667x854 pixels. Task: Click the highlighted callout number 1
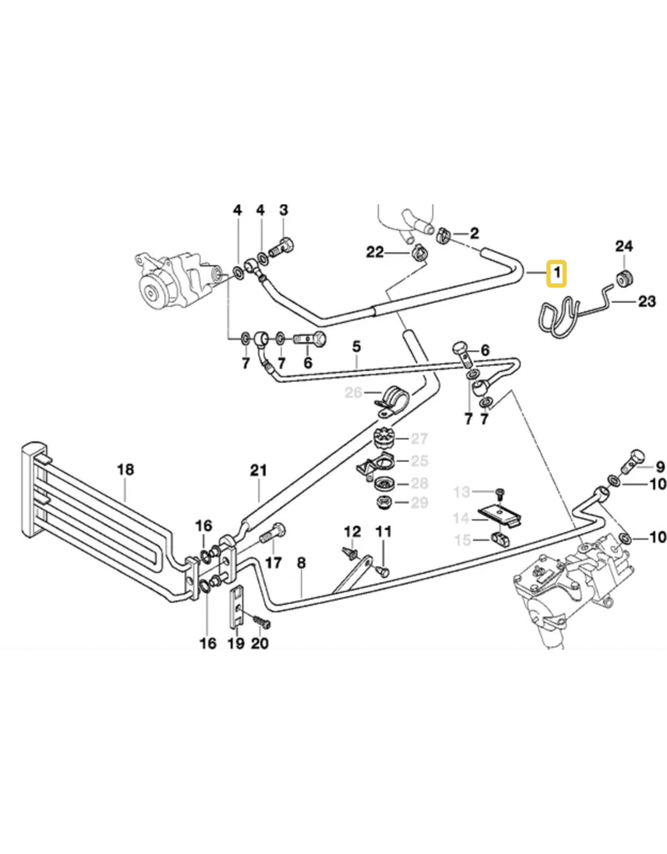556,273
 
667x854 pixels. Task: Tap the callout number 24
624,246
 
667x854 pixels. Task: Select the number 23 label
647,301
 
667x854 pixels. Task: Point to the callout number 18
125,470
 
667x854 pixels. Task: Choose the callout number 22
374,252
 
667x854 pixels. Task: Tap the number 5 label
356,345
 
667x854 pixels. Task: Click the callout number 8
302,565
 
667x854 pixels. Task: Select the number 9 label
660,466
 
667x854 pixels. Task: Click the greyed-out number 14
461,518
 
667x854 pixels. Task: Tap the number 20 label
258,643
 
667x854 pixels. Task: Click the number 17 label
273,563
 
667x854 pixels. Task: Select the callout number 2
475,233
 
